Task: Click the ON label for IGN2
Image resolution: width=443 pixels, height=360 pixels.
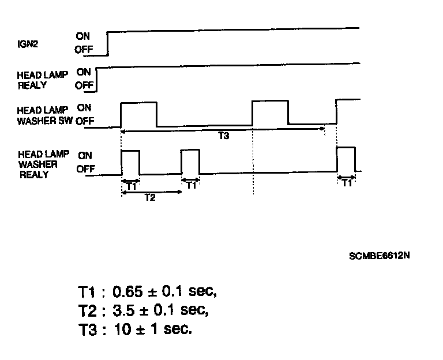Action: tap(82, 36)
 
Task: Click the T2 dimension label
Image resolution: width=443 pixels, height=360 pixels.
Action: tap(149, 197)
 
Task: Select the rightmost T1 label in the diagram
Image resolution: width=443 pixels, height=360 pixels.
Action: tap(346, 183)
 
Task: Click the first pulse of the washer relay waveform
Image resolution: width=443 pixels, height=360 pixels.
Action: tap(130, 162)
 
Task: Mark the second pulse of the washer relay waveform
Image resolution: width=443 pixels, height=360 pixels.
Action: tap(190, 162)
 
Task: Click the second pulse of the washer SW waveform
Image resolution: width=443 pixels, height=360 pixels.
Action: tap(270, 112)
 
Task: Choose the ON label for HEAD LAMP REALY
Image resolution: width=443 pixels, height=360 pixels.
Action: tap(84, 72)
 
